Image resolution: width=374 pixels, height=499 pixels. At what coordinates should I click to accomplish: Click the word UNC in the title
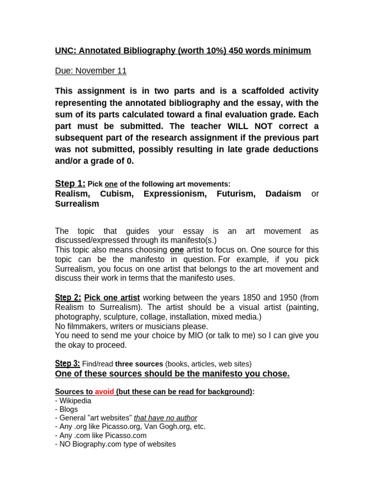(x=65, y=51)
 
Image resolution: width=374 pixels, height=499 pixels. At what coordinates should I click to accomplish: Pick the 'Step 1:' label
(x=70, y=183)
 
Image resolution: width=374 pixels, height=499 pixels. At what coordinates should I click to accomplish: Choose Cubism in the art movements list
(x=116, y=194)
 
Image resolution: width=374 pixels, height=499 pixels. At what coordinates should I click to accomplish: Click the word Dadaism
(x=283, y=194)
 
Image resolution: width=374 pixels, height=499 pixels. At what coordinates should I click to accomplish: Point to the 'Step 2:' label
(x=68, y=297)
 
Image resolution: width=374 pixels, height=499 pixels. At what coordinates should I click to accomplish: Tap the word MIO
(x=167, y=335)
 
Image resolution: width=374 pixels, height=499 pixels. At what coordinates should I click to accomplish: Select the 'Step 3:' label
(x=67, y=364)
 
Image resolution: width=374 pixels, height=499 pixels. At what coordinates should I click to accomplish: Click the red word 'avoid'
(x=104, y=392)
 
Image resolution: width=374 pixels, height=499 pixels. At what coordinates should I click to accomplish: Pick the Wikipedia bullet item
(x=75, y=401)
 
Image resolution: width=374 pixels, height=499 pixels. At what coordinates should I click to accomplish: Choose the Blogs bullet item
(x=69, y=409)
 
